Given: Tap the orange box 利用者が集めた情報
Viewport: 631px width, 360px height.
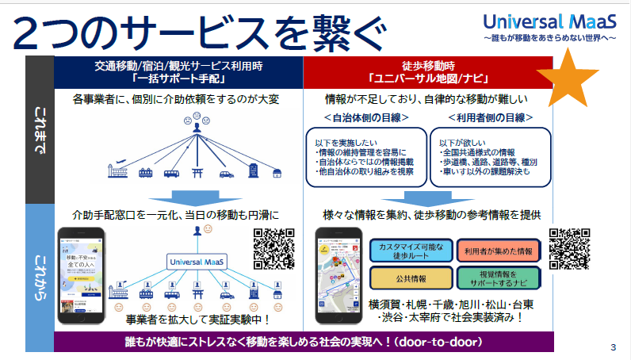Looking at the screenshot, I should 499,251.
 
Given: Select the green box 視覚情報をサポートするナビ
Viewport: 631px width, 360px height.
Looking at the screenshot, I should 499,278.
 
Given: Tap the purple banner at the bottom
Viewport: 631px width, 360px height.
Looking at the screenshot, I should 304,341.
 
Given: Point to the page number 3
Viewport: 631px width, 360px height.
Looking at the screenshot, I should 614,347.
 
